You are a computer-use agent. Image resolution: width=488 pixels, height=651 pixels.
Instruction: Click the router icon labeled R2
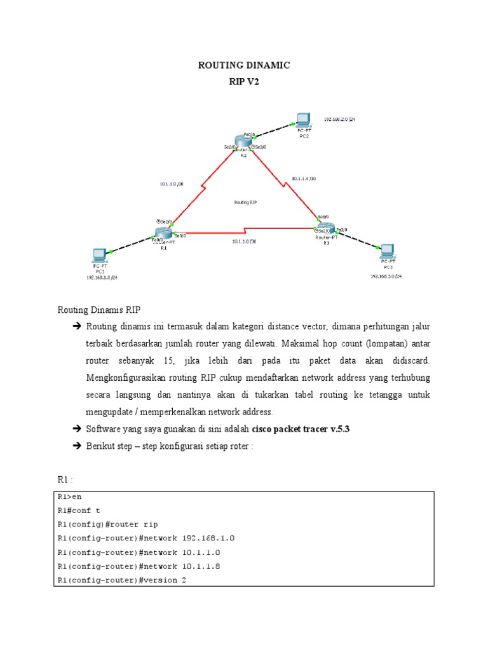click(242, 141)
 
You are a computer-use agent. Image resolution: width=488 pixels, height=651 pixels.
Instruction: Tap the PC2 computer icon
click(303, 120)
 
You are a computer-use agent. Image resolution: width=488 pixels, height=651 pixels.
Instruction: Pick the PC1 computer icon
click(99, 256)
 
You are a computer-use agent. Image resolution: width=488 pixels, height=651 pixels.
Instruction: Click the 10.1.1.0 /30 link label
click(172, 184)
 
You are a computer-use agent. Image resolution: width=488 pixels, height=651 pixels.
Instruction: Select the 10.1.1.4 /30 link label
click(304, 179)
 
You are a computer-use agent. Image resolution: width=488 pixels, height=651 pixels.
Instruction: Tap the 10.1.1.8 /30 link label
click(244, 241)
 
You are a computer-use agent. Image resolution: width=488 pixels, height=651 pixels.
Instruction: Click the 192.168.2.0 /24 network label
click(339, 119)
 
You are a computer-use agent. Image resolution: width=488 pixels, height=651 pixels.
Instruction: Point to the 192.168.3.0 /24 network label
click(386, 277)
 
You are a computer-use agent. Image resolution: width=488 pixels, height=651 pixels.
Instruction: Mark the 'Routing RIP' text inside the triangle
click(245, 202)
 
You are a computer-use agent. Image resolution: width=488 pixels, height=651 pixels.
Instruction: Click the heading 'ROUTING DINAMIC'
click(244, 65)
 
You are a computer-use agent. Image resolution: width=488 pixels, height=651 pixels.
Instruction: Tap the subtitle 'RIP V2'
click(244, 81)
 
